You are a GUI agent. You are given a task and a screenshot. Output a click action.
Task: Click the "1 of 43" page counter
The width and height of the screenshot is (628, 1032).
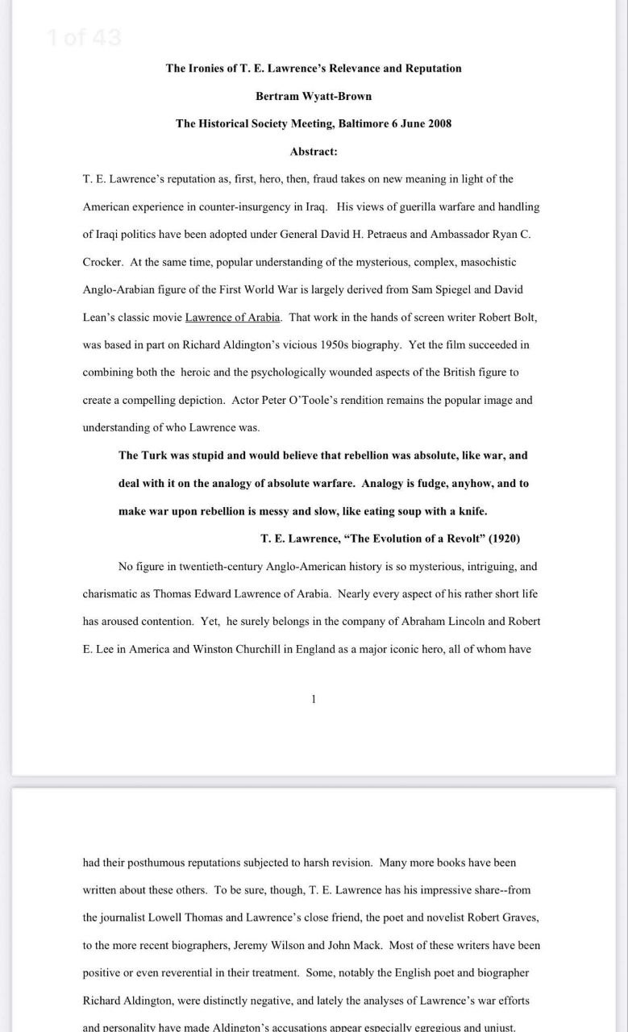click(x=85, y=37)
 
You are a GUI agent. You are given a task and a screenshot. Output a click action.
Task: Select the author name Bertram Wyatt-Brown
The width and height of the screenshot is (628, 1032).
click(x=314, y=96)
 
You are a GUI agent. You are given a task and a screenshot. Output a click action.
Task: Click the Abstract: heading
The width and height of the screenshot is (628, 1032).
click(x=314, y=151)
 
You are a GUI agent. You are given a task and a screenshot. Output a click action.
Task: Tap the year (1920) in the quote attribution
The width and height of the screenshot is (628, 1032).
click(x=499, y=539)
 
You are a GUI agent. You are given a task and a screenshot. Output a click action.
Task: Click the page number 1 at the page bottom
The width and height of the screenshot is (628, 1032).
click(x=314, y=699)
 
